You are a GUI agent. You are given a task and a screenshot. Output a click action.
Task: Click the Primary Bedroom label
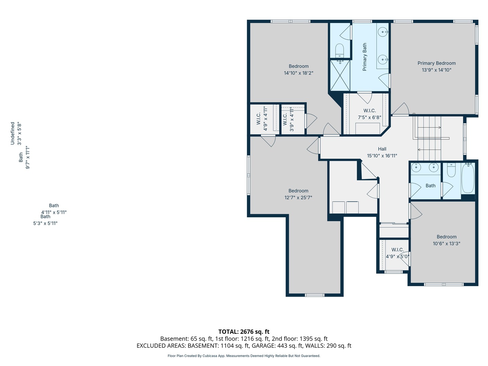click(436, 63)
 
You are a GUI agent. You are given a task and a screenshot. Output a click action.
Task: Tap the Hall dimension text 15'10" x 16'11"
click(382, 156)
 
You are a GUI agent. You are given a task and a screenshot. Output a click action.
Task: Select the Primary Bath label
click(364, 57)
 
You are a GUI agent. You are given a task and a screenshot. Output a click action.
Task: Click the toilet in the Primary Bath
click(339, 51)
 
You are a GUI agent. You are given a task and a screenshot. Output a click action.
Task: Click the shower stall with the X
click(340, 76)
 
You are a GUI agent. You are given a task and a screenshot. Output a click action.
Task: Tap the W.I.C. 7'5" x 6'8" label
click(369, 114)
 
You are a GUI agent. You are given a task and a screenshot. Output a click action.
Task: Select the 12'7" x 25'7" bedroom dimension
click(298, 197)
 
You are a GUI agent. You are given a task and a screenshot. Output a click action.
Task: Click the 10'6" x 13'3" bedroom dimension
click(446, 243)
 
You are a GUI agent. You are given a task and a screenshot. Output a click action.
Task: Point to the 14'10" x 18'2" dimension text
click(298, 73)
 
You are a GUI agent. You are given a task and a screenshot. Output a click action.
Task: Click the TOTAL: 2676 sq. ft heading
click(244, 331)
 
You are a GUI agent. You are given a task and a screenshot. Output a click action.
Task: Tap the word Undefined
click(13, 133)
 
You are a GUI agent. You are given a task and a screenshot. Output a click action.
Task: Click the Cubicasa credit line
click(244, 356)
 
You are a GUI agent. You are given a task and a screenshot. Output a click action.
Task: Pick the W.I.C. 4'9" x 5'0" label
click(398, 253)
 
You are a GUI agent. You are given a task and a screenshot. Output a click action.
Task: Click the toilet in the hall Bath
click(451, 170)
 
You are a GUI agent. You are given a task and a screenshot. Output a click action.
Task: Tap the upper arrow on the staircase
click(429, 127)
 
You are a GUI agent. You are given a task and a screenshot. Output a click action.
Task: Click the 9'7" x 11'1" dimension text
click(27, 157)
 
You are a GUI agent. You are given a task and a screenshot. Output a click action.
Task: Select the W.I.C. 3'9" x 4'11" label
click(288, 119)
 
